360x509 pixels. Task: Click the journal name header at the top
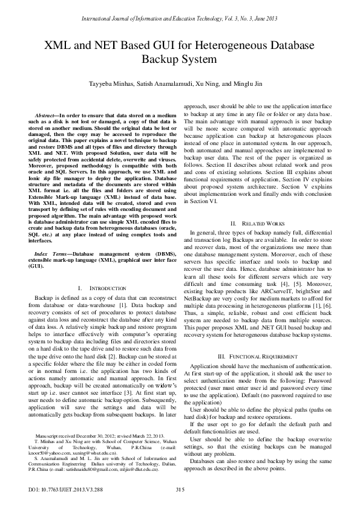pos(180,10)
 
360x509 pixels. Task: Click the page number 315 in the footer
pos(180,488)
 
